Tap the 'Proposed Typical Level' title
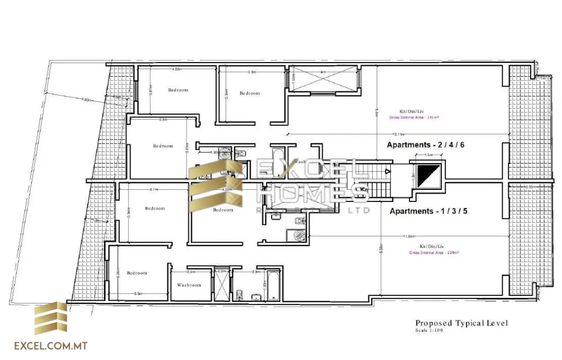(461, 323)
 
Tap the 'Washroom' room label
(189, 285)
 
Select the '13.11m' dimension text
(398, 134)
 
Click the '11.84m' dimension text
(408, 237)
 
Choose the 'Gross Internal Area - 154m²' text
(434, 253)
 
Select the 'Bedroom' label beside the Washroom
(137, 273)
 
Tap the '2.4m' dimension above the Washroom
(191, 272)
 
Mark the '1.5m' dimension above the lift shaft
(429, 155)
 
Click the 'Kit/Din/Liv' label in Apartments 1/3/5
(431, 246)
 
